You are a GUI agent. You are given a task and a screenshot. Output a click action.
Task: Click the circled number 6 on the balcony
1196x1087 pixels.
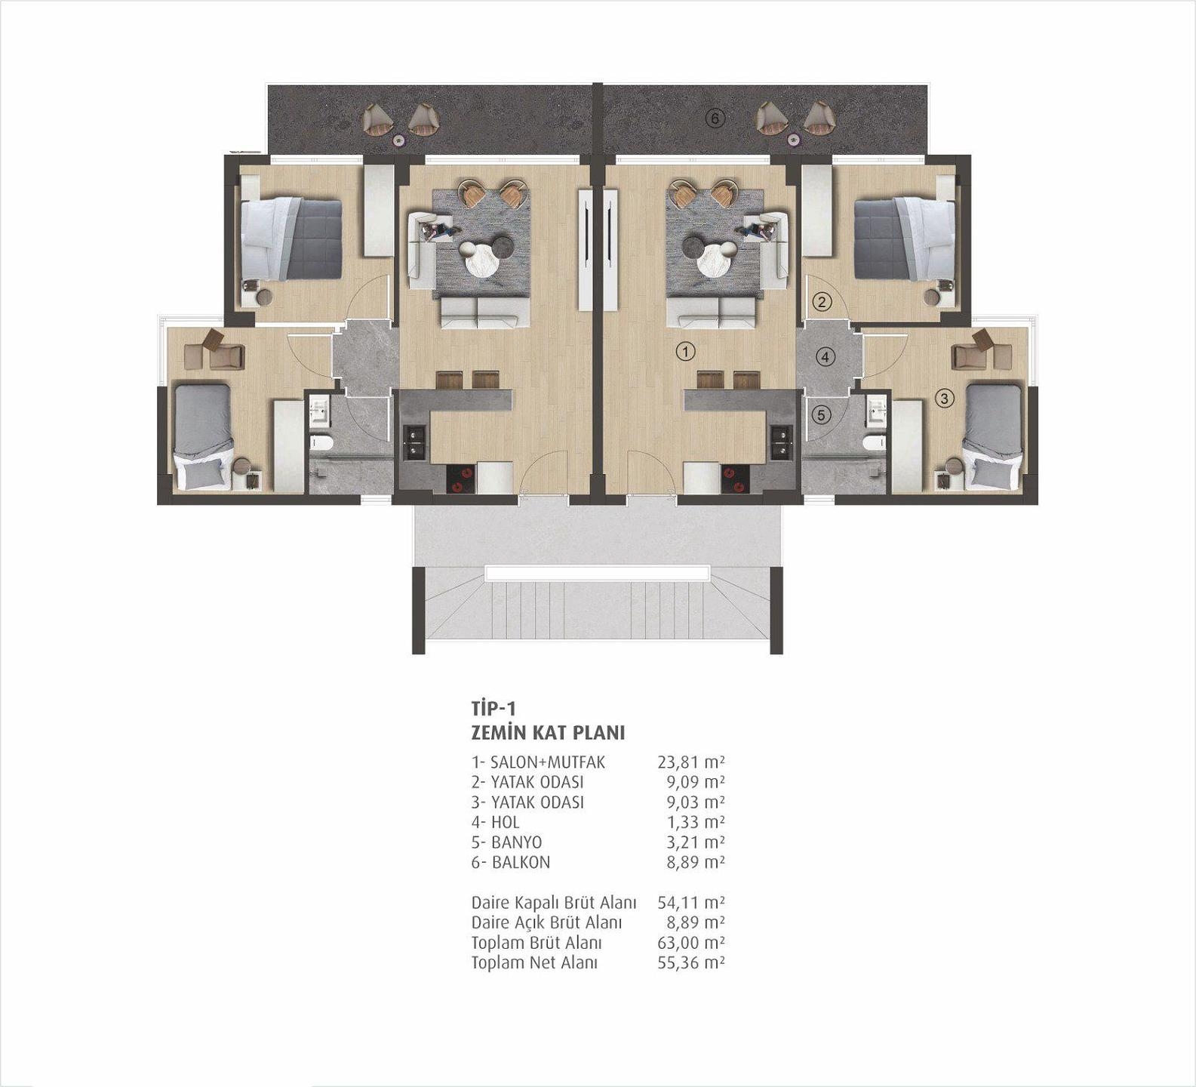pyautogui.click(x=715, y=119)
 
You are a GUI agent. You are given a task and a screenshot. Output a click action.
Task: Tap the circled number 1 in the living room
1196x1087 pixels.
pyautogui.click(x=685, y=351)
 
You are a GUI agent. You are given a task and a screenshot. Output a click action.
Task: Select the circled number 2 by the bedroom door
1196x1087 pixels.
pyautogui.click(x=822, y=303)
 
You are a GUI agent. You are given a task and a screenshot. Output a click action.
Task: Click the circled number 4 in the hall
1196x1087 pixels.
pyautogui.click(x=826, y=356)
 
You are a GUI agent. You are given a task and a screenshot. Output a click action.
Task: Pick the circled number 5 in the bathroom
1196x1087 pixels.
pyautogui.click(x=822, y=414)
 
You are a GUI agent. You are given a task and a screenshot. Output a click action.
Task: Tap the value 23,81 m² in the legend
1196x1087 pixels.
pyautogui.click(x=691, y=762)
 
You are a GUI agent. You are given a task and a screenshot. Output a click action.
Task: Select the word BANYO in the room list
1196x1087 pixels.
pyautogui.click(x=517, y=842)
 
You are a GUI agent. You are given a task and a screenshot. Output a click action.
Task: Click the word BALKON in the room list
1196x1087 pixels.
pyautogui.click(x=521, y=862)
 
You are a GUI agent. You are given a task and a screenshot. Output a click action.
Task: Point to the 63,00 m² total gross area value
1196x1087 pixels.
pyautogui.click(x=691, y=943)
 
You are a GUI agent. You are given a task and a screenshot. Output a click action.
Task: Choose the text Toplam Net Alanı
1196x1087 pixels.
pyautogui.click(x=534, y=963)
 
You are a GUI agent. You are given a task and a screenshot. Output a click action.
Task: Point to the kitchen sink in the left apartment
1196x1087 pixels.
pyautogui.click(x=415, y=443)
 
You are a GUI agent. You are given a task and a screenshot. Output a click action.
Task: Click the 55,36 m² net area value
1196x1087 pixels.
pyautogui.click(x=691, y=963)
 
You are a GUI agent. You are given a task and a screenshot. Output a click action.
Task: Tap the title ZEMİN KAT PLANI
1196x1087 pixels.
pyautogui.click(x=548, y=733)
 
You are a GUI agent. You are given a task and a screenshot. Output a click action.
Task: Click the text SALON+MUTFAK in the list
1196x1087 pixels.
pyautogui.click(x=548, y=762)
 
